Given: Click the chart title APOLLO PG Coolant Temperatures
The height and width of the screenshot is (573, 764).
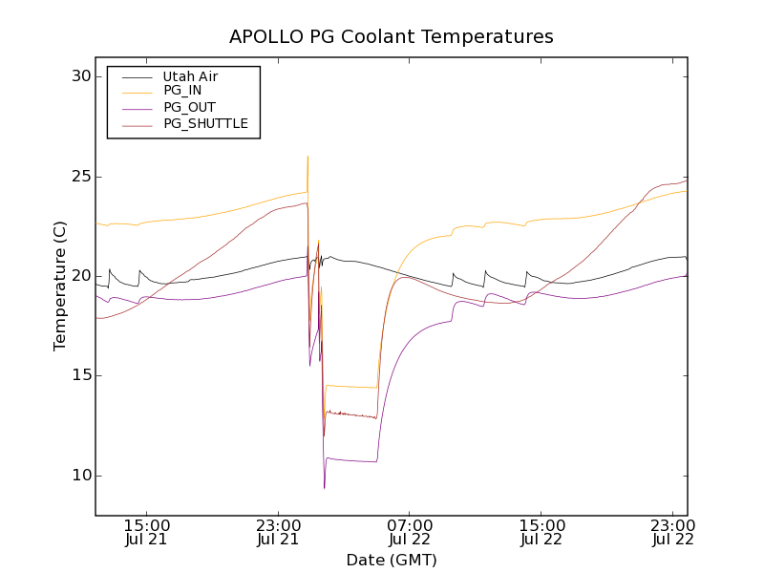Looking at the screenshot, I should click(x=392, y=37).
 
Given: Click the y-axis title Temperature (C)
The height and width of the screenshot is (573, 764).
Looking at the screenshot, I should click(x=60, y=286).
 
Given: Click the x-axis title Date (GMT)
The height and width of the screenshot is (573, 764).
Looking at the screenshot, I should click(x=392, y=560).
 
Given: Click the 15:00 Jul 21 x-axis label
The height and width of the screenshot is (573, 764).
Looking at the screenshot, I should click(x=147, y=532).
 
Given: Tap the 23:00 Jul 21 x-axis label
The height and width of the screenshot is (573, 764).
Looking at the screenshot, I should click(x=279, y=532).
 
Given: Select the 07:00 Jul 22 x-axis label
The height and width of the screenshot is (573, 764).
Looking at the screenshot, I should click(x=411, y=532).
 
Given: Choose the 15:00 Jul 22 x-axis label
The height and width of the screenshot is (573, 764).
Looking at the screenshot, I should click(x=541, y=532).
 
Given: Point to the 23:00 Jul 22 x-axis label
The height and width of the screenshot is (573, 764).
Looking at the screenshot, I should click(x=673, y=532).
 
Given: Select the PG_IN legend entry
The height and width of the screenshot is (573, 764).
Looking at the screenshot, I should click(x=182, y=91).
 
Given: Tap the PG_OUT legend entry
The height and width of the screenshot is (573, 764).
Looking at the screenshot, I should click(x=189, y=107).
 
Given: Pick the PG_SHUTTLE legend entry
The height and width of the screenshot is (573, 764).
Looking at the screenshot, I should click(x=205, y=123).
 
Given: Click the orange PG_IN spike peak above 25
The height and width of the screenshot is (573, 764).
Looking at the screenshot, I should click(x=308, y=156).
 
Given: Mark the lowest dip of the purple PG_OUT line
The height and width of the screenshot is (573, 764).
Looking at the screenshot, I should click(x=324, y=488).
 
